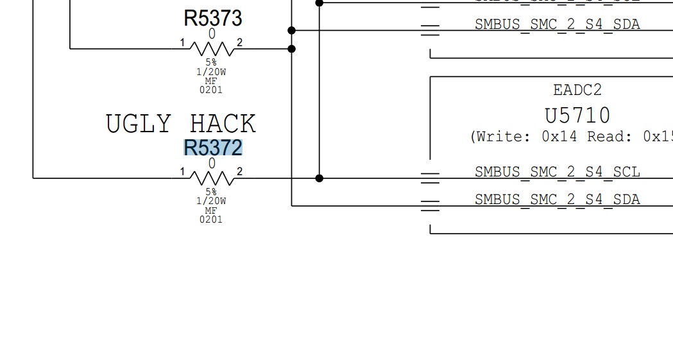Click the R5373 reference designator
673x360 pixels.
click(213, 18)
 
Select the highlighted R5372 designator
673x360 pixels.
click(213, 148)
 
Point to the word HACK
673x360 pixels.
click(223, 124)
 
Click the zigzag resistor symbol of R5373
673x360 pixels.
click(212, 48)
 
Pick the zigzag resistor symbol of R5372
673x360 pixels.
click(212, 178)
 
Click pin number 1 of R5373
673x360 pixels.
click(182, 43)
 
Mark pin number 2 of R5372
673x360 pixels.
click(240, 172)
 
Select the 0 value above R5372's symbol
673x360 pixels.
click(212, 164)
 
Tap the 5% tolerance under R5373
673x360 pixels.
click(211, 63)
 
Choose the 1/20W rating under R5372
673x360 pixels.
click(211, 201)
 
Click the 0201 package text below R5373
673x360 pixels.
click(211, 90)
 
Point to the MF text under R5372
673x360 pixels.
click(211, 210)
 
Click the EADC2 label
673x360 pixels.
click(577, 90)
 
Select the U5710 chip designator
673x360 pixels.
click(577, 116)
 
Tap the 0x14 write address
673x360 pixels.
click(559, 137)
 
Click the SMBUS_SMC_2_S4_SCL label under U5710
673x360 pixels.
click(557, 172)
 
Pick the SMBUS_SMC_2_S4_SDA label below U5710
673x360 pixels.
click(557, 200)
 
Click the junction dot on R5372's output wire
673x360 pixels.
click(319, 178)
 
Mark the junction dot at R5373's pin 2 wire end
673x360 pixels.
click(292, 49)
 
